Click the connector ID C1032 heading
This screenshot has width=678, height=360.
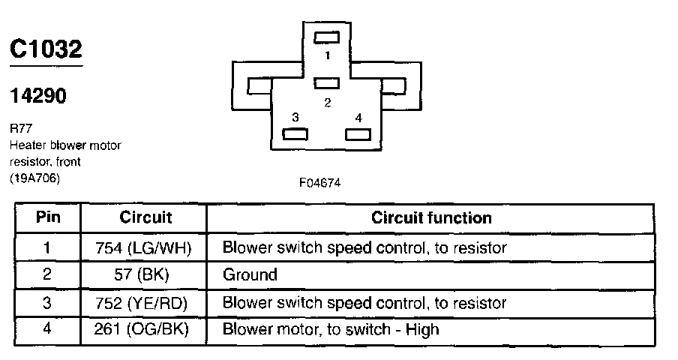(46, 49)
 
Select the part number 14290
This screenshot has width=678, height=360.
(37, 96)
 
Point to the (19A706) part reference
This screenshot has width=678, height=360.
(34, 178)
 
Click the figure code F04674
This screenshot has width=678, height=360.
(321, 183)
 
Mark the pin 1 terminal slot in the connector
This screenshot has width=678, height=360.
(327, 37)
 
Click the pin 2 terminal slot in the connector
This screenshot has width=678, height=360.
(327, 82)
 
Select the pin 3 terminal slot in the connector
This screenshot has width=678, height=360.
(295, 134)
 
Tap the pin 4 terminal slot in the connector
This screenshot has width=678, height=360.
(358, 134)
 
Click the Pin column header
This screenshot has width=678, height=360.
(47, 218)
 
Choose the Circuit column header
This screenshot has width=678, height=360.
(145, 218)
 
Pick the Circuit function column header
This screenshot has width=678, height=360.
(431, 218)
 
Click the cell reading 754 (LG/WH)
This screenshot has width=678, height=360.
(145, 247)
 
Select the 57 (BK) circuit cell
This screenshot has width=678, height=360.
(145, 274)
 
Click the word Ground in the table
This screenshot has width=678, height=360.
(250, 274)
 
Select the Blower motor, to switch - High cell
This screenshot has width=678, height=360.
(331, 329)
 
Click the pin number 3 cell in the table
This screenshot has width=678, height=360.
(47, 302)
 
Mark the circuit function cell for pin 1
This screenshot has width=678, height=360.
(364, 247)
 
